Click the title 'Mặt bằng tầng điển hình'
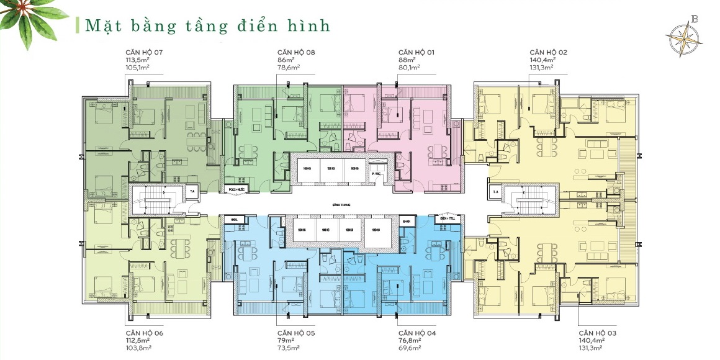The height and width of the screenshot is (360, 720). pyautogui.click(x=207, y=25)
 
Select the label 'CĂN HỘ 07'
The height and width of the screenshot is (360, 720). pyautogui.click(x=144, y=52)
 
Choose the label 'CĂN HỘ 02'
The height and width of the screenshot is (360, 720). pyautogui.click(x=548, y=52)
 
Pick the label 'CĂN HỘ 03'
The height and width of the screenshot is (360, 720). pyautogui.click(x=598, y=333)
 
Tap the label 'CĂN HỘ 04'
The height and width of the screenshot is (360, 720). pyautogui.click(x=418, y=333)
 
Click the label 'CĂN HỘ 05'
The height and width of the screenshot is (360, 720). pyautogui.click(x=297, y=333)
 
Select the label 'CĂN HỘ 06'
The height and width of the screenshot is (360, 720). pyautogui.click(x=144, y=333)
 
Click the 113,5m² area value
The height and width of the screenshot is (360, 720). pyautogui.click(x=138, y=60)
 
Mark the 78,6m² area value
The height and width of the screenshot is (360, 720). pyautogui.click(x=289, y=68)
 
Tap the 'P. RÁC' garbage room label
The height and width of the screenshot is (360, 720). pyautogui.click(x=376, y=175)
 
